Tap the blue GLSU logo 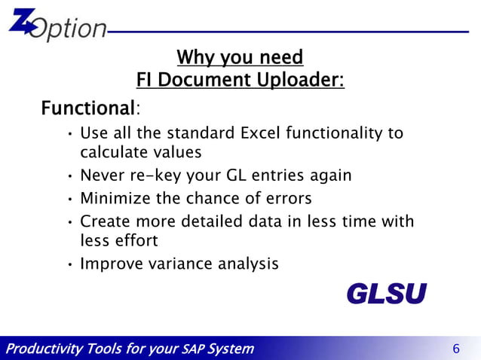click(386, 294)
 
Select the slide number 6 click(455, 349)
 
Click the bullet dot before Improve click(69, 264)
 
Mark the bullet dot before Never click(69, 176)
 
